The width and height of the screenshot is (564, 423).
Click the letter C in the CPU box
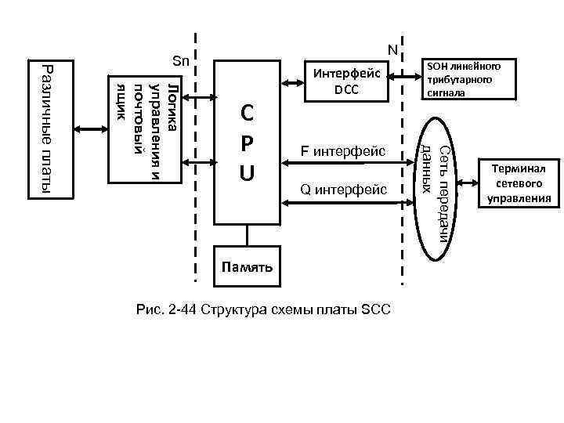(x=247, y=114)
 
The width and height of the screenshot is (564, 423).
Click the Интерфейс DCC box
(x=345, y=81)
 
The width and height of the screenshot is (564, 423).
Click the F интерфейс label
(x=344, y=151)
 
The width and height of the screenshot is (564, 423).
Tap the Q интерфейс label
(x=344, y=189)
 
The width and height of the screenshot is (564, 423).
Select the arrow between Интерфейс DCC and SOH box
(x=400, y=76)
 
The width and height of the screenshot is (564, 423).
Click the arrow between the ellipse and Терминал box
(x=468, y=182)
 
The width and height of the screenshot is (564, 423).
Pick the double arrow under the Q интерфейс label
(x=344, y=204)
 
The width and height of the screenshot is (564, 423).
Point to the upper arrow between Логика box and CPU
(x=200, y=98)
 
